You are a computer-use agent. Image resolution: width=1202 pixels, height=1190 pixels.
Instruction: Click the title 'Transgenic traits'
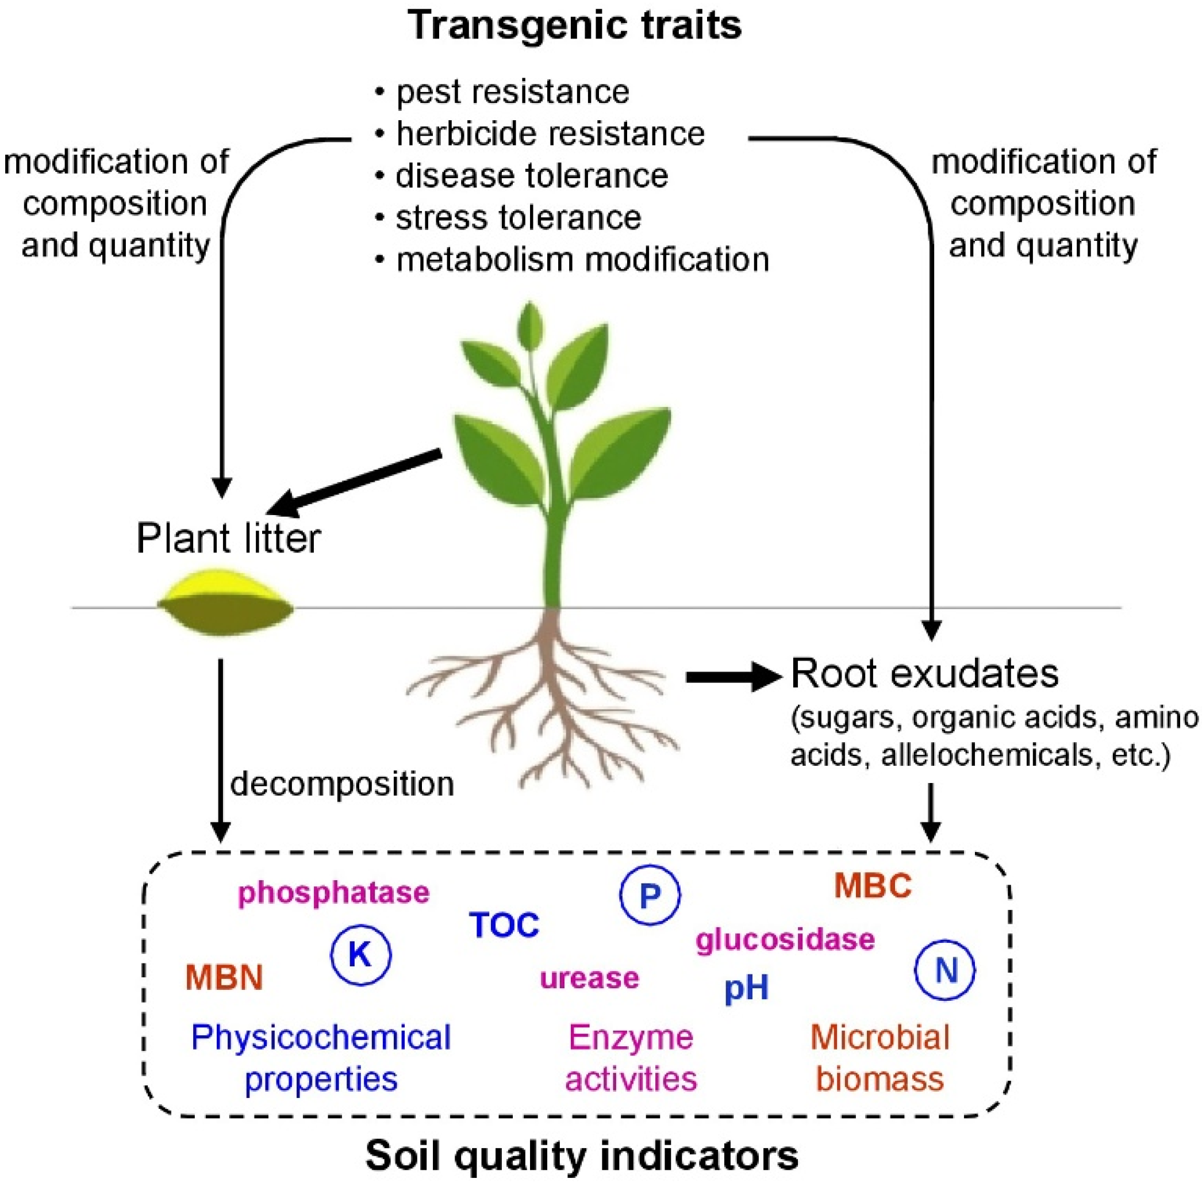coord(575,26)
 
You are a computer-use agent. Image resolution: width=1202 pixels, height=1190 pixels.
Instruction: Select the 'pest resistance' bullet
coord(512,92)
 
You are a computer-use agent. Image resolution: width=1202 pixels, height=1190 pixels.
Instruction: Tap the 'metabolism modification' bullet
coord(582,259)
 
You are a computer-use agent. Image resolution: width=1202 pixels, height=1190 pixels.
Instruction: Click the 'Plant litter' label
coord(228,538)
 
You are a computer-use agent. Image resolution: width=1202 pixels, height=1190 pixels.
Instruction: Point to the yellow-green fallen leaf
coord(225,602)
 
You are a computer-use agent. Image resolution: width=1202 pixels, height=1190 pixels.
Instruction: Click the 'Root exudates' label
coord(924,673)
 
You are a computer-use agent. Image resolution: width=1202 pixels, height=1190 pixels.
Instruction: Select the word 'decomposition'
coord(342,784)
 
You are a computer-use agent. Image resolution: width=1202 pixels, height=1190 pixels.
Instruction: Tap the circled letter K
coord(360,954)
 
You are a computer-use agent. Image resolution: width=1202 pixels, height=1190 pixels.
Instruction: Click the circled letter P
coord(650,895)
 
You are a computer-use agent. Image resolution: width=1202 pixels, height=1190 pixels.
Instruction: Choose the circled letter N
coord(944,970)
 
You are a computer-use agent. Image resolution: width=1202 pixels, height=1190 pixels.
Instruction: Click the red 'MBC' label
coord(872,886)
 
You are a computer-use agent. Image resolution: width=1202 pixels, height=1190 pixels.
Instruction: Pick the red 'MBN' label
coord(224,977)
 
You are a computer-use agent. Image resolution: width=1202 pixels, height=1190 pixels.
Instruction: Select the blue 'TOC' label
coord(504,925)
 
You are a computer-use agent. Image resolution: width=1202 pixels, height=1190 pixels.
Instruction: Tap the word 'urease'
coord(589,978)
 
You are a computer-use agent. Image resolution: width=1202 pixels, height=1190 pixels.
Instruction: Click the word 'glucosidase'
coord(785,939)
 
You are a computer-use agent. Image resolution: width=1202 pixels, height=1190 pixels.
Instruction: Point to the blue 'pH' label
coord(747,988)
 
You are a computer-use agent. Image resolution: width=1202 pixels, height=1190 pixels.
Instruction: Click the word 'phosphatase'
coord(333,893)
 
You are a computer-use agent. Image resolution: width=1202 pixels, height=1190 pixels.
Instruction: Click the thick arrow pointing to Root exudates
coord(733,677)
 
